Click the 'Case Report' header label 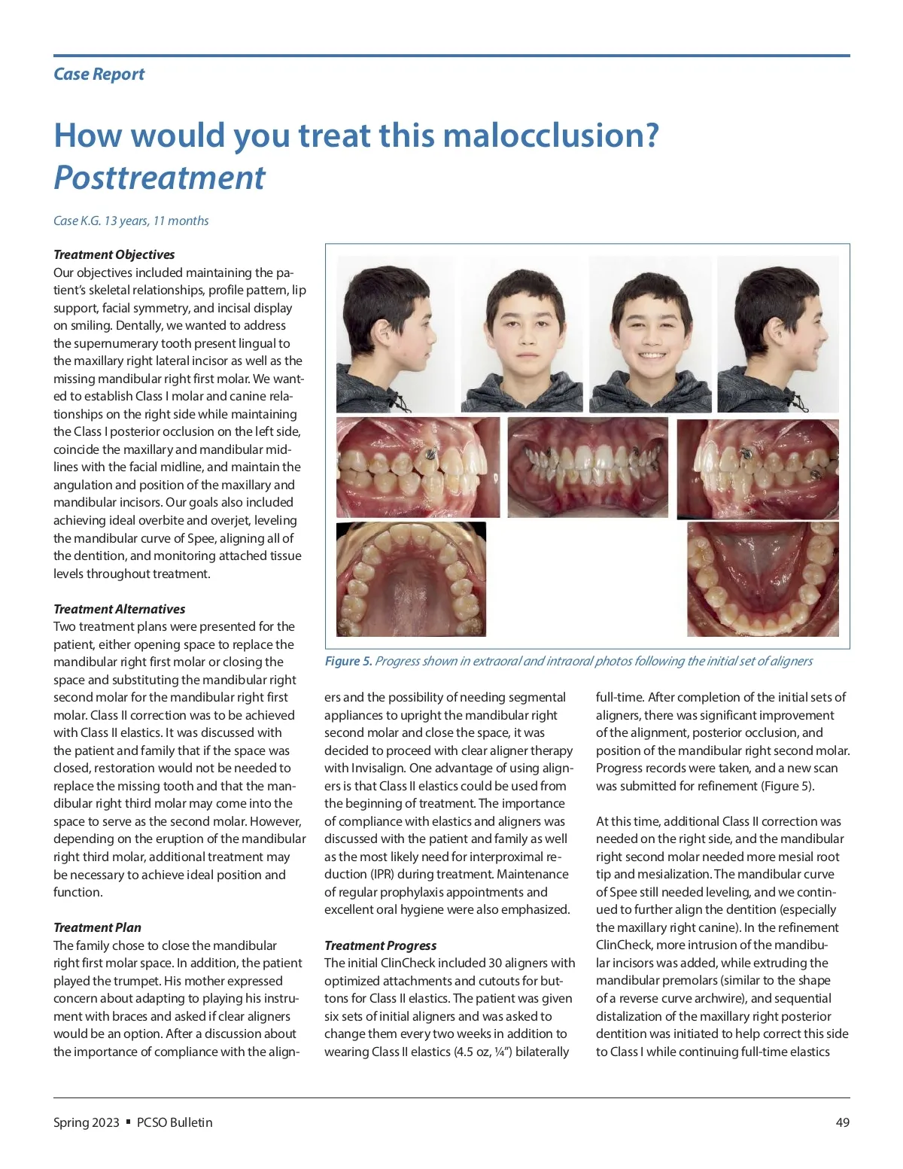tap(99, 74)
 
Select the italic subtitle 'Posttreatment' tap(160, 178)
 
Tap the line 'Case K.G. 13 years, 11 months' tap(131, 221)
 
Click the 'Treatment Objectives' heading tap(114, 254)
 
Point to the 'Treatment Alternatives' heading tap(119, 609)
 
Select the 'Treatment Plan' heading tap(97, 927)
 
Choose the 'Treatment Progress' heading tap(380, 945)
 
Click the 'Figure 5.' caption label tap(348, 661)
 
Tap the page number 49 tap(842, 1122)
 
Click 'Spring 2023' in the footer tap(86, 1122)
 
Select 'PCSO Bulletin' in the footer tap(175, 1122)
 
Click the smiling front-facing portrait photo tap(649, 334)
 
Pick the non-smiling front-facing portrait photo tap(521, 334)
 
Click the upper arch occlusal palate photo tap(411, 579)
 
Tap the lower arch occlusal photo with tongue tap(762, 579)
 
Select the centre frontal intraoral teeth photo tap(588, 467)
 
